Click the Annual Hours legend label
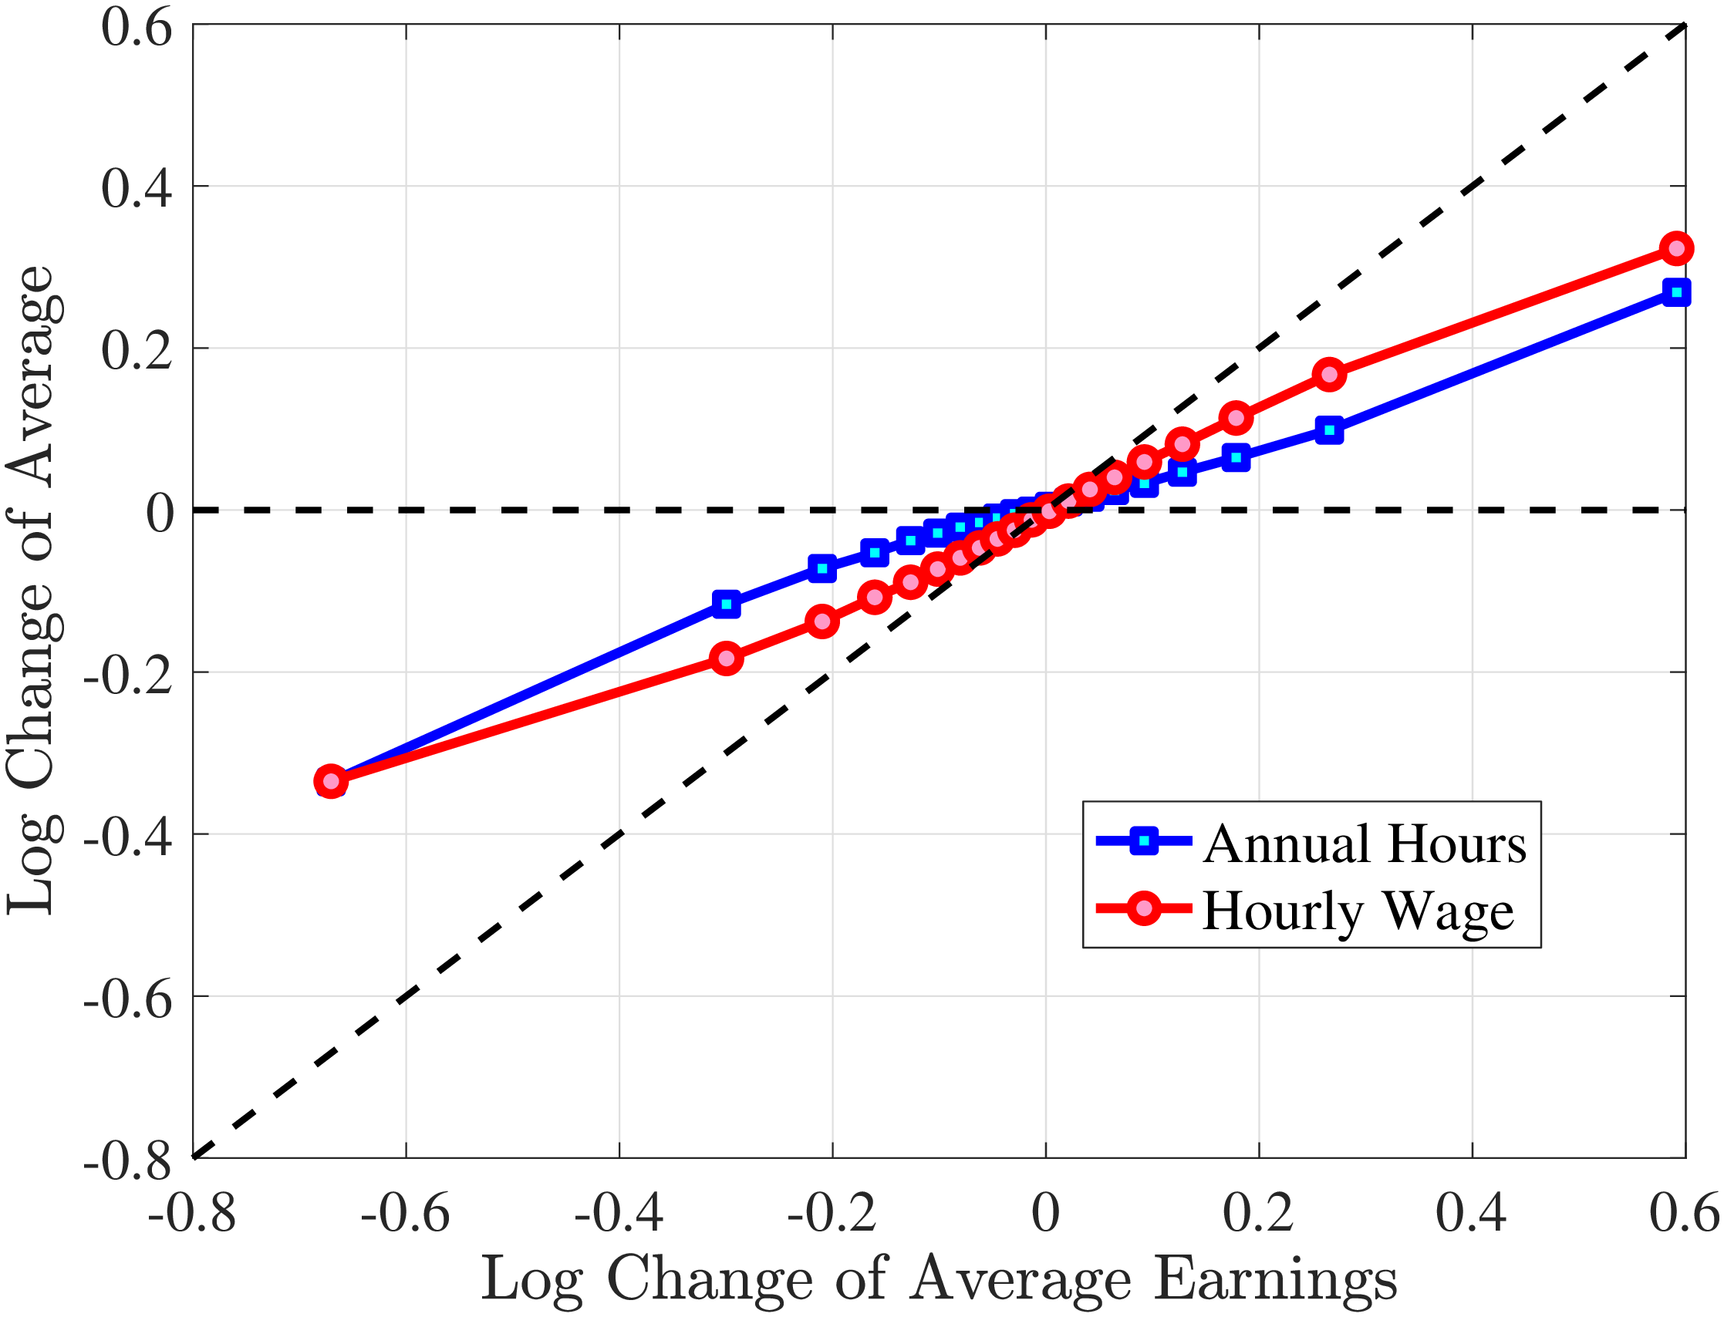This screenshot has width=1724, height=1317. [1365, 844]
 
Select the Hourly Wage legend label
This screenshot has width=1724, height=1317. [1358, 911]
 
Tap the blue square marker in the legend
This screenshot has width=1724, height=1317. [1144, 841]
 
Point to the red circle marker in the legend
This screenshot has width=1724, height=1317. [1144, 908]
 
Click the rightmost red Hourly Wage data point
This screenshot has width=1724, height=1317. [1676, 248]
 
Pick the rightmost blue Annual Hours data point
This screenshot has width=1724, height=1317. [1676, 292]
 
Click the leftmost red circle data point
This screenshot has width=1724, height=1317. [331, 782]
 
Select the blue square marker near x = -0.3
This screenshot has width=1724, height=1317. [727, 604]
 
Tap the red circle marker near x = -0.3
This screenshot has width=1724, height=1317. [727, 658]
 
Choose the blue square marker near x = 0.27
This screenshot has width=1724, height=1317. [1329, 430]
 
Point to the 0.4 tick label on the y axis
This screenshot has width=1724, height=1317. [137, 188]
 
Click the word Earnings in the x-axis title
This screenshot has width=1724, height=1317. [1276, 1279]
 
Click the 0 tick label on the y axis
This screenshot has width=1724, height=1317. [160, 514]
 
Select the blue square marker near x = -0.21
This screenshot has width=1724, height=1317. [822, 568]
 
